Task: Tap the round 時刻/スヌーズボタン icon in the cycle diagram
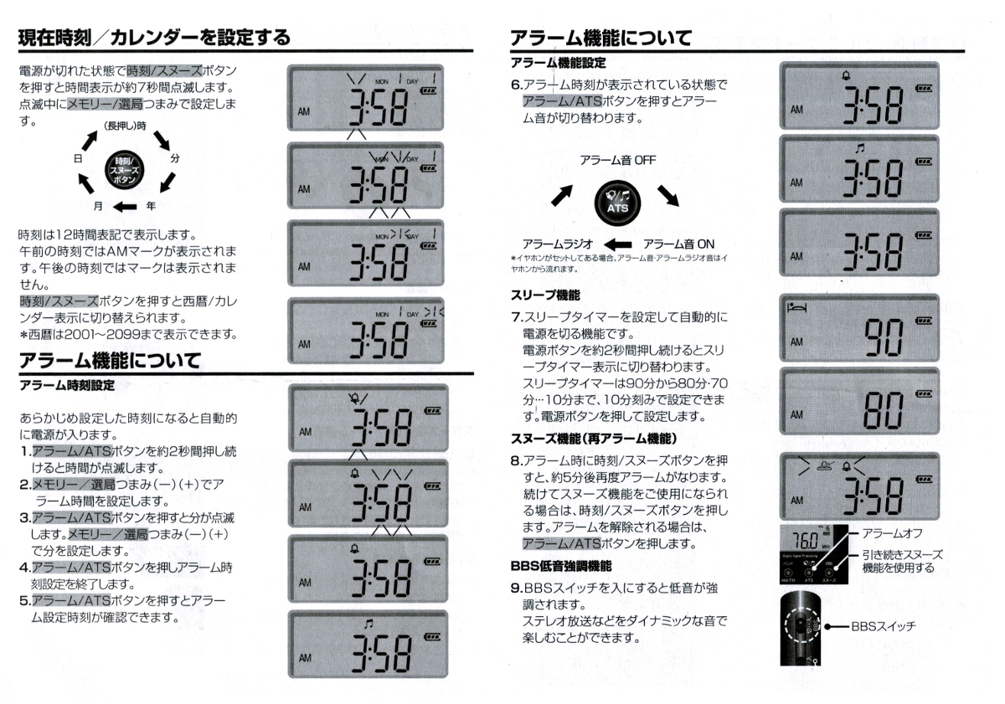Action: point(122,169)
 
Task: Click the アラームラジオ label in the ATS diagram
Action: point(557,244)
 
